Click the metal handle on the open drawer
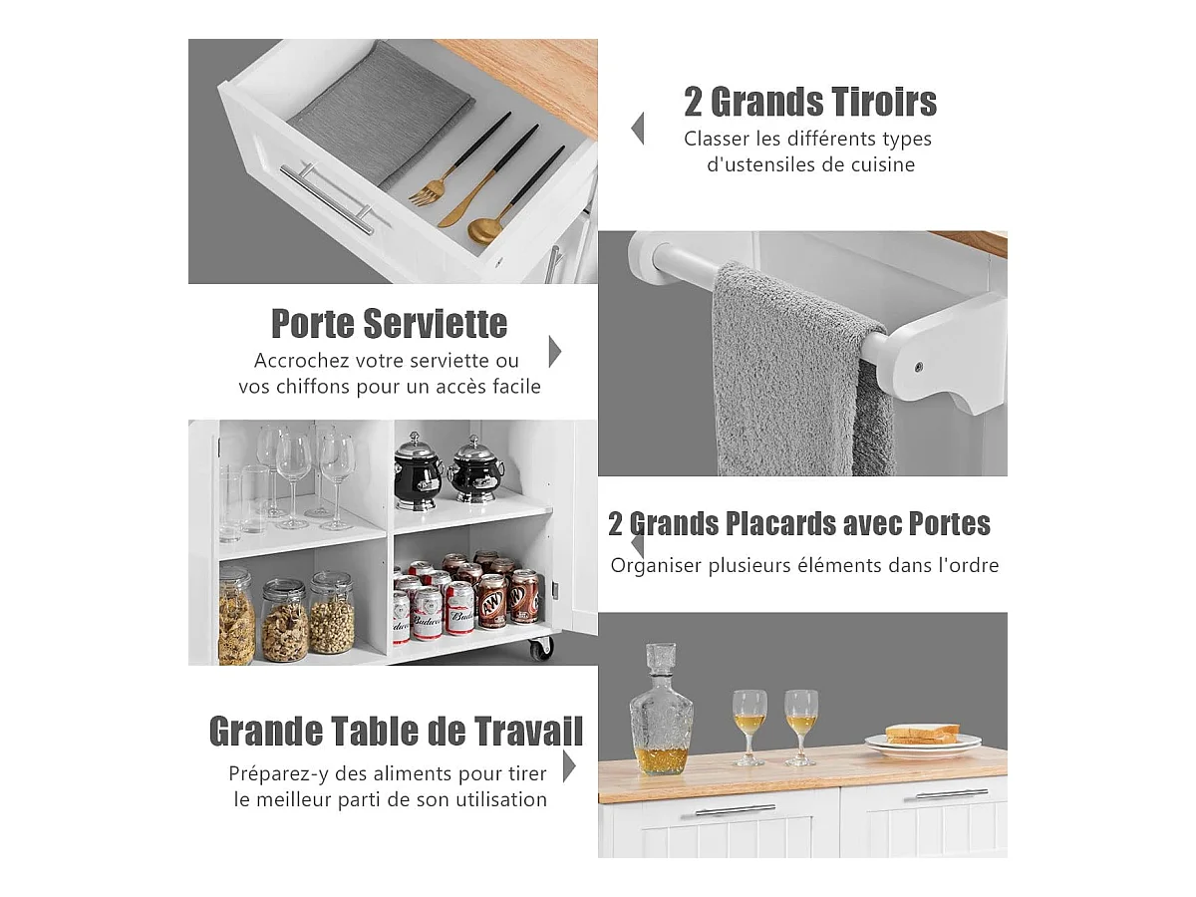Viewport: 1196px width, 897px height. pyautogui.click(x=327, y=198)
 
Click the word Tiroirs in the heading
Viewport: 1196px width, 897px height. pyautogui.click(x=878, y=102)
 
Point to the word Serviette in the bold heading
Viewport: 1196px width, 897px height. pyautogui.click(x=435, y=324)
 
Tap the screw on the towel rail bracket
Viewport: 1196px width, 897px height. pyautogui.click(x=918, y=367)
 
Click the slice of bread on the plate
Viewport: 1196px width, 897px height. pyautogui.click(x=923, y=734)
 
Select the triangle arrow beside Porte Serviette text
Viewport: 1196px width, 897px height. pyautogui.click(x=555, y=352)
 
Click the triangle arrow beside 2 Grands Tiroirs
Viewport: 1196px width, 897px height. pyautogui.click(x=637, y=129)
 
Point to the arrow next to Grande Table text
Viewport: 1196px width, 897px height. pyautogui.click(x=569, y=766)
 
